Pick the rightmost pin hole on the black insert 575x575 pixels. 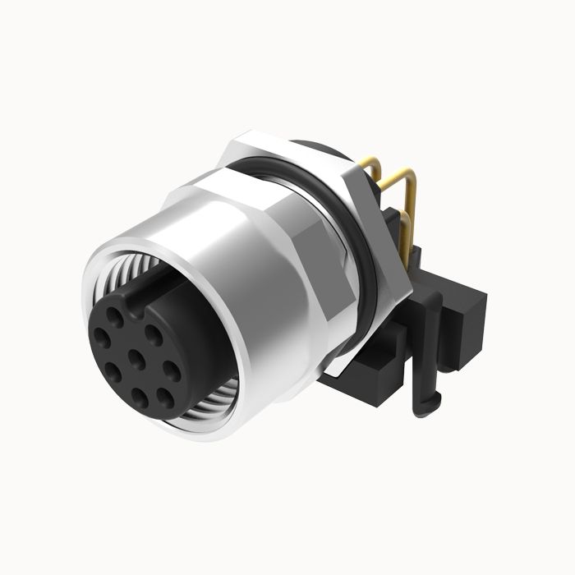[x=174, y=361]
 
